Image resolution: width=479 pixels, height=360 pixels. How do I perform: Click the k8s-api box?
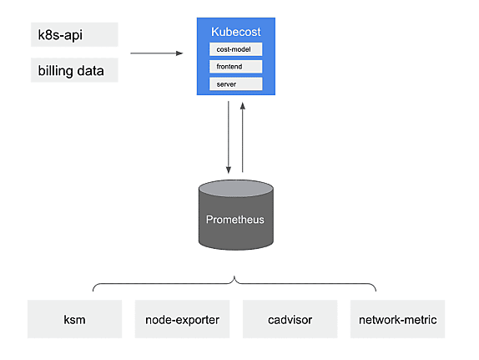(74, 34)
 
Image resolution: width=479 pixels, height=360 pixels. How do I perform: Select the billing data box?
(74, 70)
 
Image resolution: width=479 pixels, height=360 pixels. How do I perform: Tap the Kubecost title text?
(236, 32)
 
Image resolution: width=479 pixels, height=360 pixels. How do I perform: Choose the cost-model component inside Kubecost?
(236, 49)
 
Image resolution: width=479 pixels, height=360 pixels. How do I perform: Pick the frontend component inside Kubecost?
(236, 67)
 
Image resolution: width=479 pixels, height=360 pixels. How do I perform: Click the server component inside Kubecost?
(236, 84)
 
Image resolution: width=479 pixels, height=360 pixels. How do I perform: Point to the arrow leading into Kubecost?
(157, 53)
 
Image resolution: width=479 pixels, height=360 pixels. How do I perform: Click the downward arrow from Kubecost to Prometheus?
(228, 137)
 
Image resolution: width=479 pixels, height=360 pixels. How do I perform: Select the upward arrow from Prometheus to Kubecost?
(243, 137)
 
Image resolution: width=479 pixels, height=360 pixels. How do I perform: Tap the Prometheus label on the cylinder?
(235, 220)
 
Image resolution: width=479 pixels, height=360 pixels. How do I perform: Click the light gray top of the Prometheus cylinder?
(236, 188)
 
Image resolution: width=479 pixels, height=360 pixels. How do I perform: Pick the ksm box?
(74, 319)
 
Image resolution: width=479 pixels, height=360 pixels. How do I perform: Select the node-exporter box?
(182, 319)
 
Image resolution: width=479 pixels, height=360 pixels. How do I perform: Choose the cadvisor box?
(290, 319)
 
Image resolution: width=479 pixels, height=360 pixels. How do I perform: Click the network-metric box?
(397, 319)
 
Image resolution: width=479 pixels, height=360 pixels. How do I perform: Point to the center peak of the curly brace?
(234, 276)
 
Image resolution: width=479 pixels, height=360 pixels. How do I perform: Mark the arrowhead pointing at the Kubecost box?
(179, 53)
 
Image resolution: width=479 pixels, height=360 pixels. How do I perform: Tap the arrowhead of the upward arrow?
(243, 106)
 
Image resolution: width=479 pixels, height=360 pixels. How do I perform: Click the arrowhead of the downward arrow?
(228, 170)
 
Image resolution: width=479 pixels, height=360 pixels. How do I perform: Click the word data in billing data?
(90, 71)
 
